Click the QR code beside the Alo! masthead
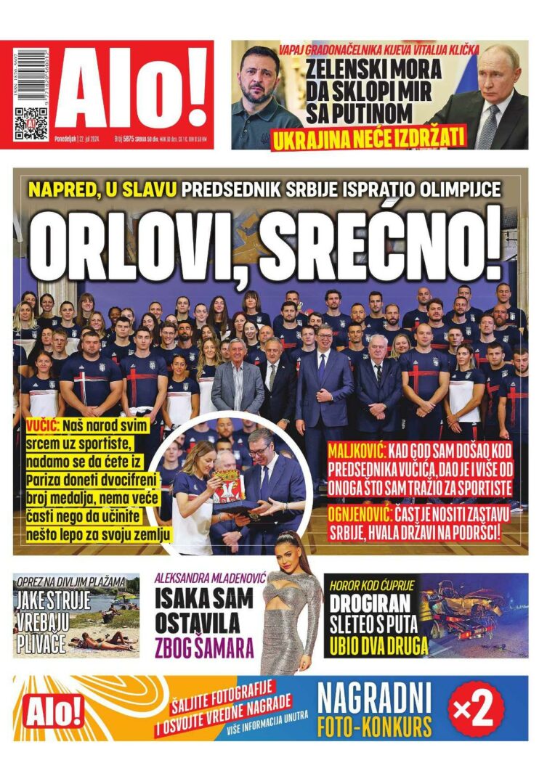click(31, 123)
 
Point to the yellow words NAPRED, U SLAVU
click(102, 190)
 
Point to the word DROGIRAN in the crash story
click(369, 603)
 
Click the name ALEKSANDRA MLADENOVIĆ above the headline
click(211, 579)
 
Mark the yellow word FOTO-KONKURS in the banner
click(374, 726)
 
